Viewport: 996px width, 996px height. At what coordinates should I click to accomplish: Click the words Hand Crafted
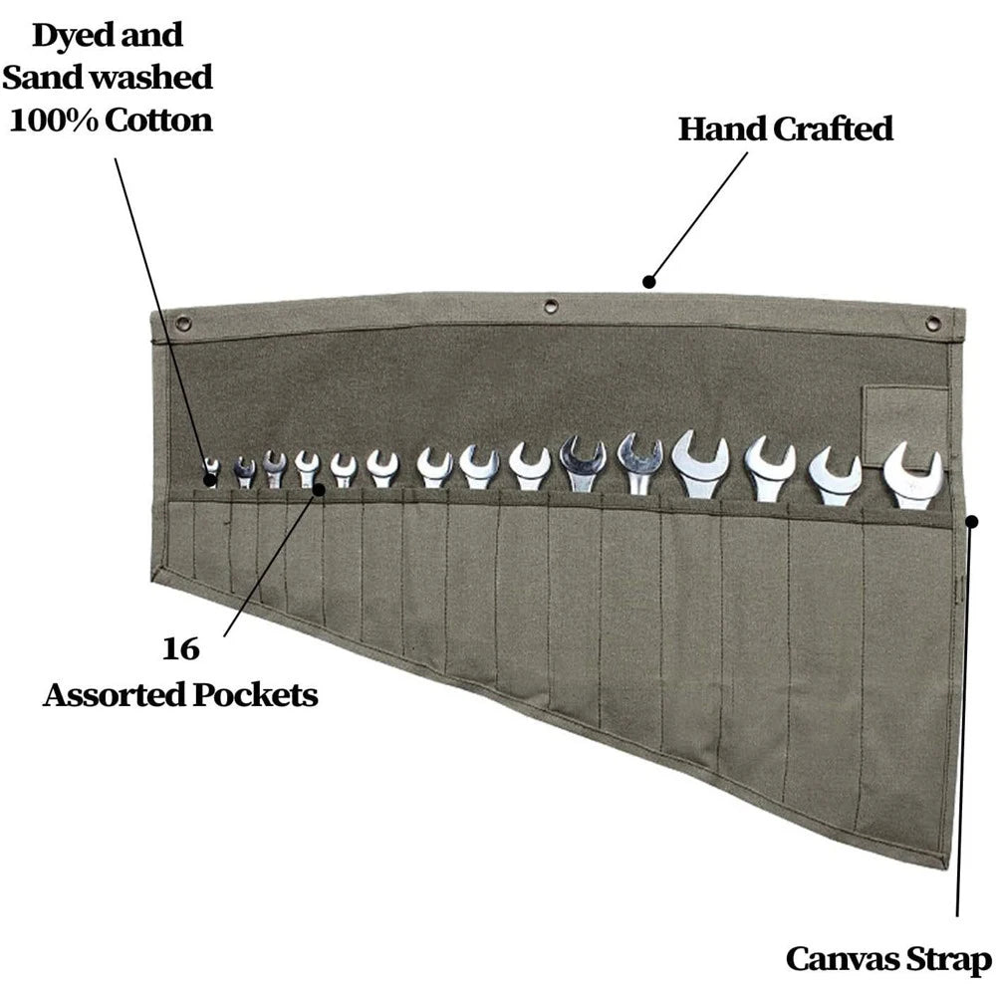pyautogui.click(x=785, y=128)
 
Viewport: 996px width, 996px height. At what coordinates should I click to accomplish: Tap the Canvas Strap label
pyautogui.click(x=888, y=959)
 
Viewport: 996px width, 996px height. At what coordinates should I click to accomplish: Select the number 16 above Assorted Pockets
pyautogui.click(x=180, y=649)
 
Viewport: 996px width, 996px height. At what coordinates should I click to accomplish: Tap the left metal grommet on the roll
pyautogui.click(x=183, y=322)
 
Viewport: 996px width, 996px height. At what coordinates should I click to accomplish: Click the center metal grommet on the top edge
pyautogui.click(x=551, y=306)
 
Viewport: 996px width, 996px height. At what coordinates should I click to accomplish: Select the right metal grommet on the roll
pyautogui.click(x=932, y=323)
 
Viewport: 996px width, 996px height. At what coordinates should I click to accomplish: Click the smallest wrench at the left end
pyautogui.click(x=211, y=471)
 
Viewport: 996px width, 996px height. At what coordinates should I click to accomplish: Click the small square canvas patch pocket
pyautogui.click(x=904, y=425)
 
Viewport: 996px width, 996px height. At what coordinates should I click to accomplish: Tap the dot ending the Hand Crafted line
pyautogui.click(x=648, y=282)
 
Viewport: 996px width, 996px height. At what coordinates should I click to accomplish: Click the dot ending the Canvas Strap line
pyautogui.click(x=972, y=520)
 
